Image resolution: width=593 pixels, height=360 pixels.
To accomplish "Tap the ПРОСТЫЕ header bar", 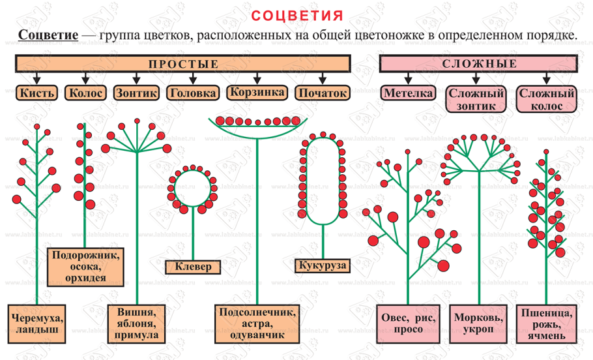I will tap(183, 64).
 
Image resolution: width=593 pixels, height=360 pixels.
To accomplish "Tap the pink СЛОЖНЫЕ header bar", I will tap(479, 64).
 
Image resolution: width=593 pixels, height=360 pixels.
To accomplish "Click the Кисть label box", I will tap(36, 93).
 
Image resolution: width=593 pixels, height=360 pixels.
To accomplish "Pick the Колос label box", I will tap(85, 93).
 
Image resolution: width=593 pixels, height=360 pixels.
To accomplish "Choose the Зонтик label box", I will tap(136, 93).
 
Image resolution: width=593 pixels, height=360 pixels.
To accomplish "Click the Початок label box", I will tap(322, 93).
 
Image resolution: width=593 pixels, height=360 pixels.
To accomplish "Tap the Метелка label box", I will tap(409, 93).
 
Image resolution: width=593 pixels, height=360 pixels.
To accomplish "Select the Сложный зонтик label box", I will tap(476, 100).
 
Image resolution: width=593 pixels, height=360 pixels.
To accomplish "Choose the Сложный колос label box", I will tap(547, 100).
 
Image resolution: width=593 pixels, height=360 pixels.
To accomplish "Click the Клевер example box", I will tap(194, 266).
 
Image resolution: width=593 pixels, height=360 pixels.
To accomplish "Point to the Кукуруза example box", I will tap(322, 265).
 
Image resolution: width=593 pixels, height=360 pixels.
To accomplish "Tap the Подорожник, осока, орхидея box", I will tap(86, 265).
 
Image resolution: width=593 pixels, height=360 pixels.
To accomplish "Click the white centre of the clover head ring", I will tap(194, 187).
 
